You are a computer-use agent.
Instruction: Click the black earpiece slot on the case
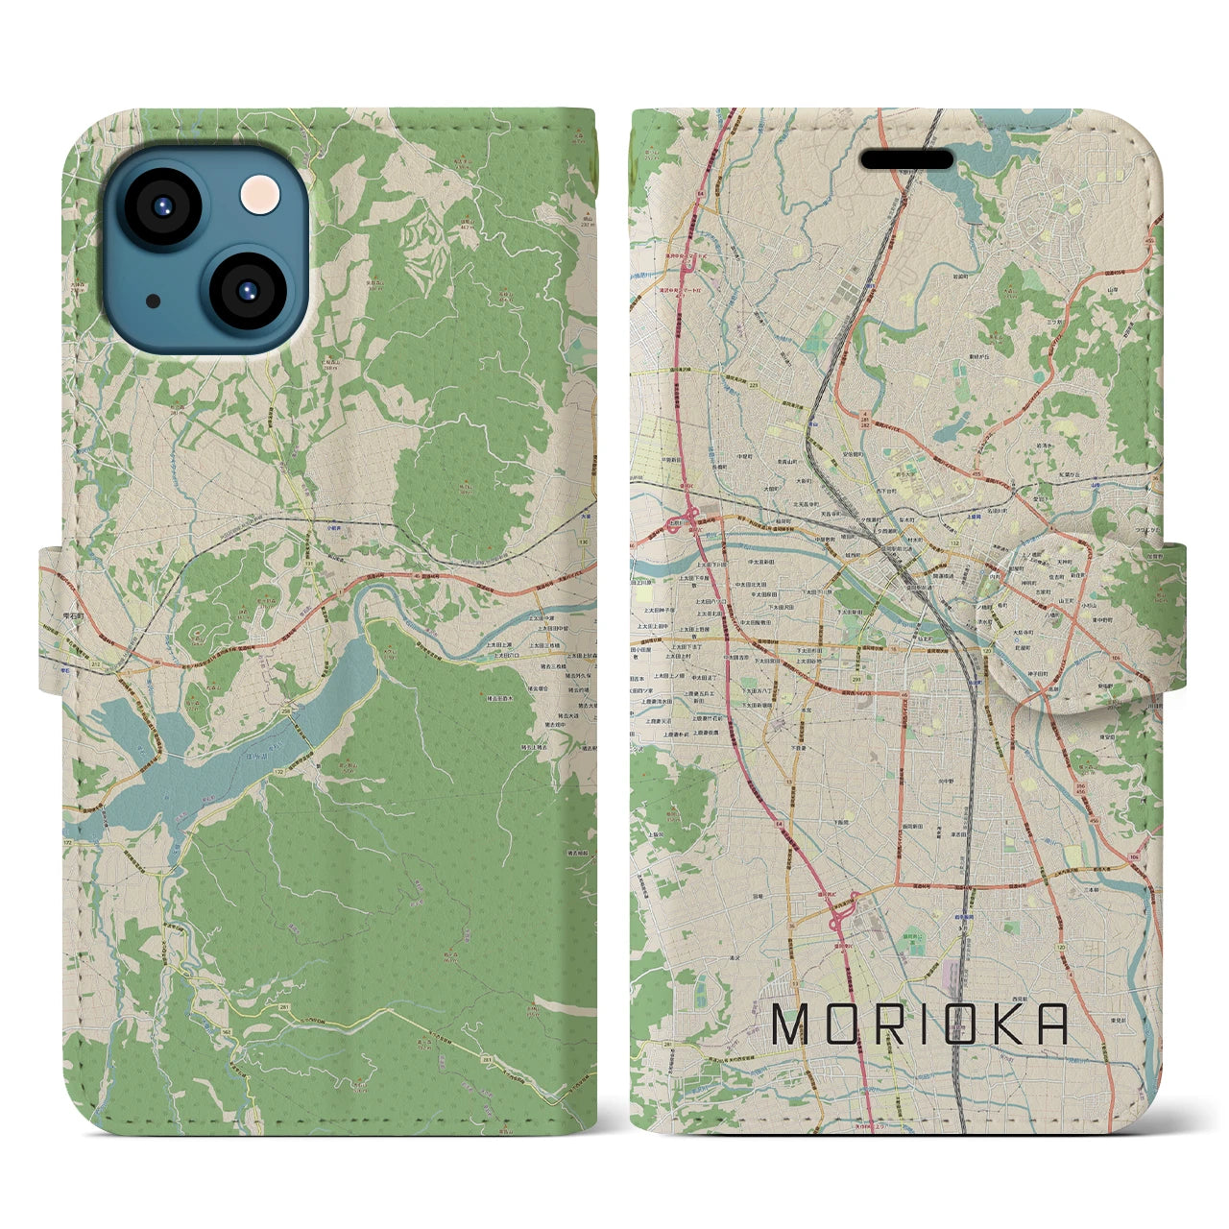click(906, 159)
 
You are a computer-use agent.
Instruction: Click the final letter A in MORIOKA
click(1053, 1024)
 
